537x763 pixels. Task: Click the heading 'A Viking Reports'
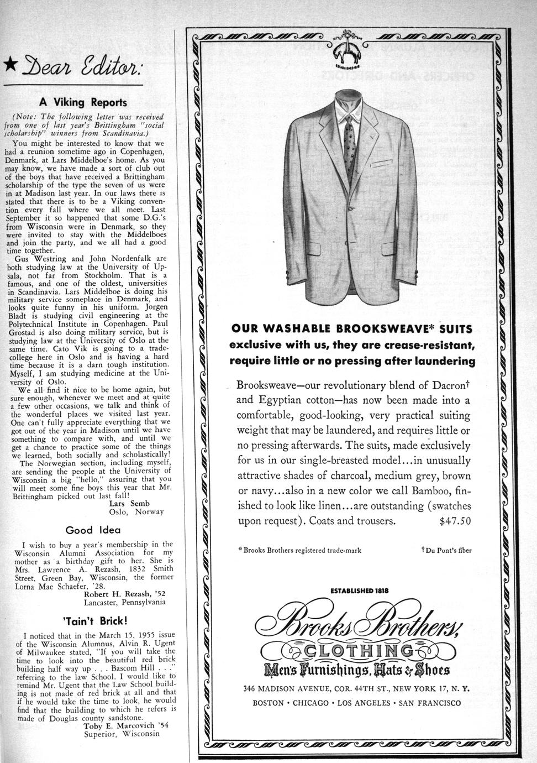[83, 102]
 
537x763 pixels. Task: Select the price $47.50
[455, 520]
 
